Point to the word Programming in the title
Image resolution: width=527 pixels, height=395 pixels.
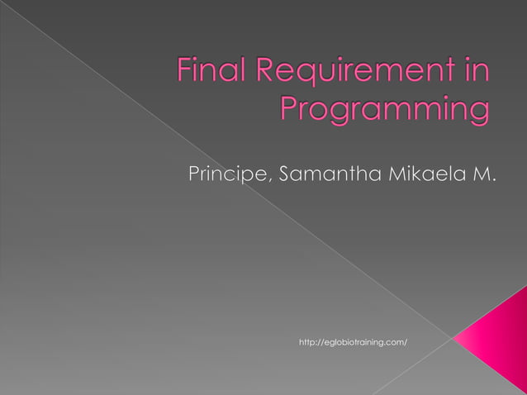[x=385, y=110]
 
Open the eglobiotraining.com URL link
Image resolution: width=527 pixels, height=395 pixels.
[x=353, y=341]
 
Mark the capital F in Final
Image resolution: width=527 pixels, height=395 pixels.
[x=184, y=72]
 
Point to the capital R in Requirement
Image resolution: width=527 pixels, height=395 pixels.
[x=269, y=72]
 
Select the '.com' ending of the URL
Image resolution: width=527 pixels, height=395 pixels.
[x=396, y=341]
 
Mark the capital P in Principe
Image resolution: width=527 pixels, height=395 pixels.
[x=195, y=174]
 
